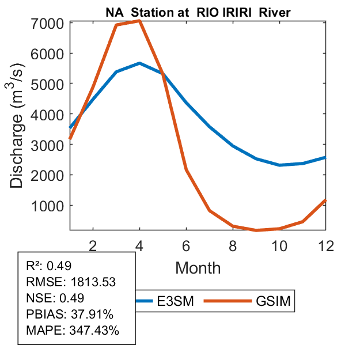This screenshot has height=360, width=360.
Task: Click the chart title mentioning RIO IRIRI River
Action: coord(198,12)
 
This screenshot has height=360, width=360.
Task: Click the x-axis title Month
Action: coord(198,268)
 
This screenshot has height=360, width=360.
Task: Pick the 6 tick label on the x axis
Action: coord(187,246)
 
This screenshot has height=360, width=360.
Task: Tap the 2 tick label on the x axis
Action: coord(93,246)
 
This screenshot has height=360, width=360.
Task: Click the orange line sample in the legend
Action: coord(233,301)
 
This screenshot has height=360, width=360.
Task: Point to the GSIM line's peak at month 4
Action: coord(139,21)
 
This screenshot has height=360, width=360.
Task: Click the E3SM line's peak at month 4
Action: coord(139,63)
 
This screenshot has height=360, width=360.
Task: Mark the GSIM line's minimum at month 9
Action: coord(256,230)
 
